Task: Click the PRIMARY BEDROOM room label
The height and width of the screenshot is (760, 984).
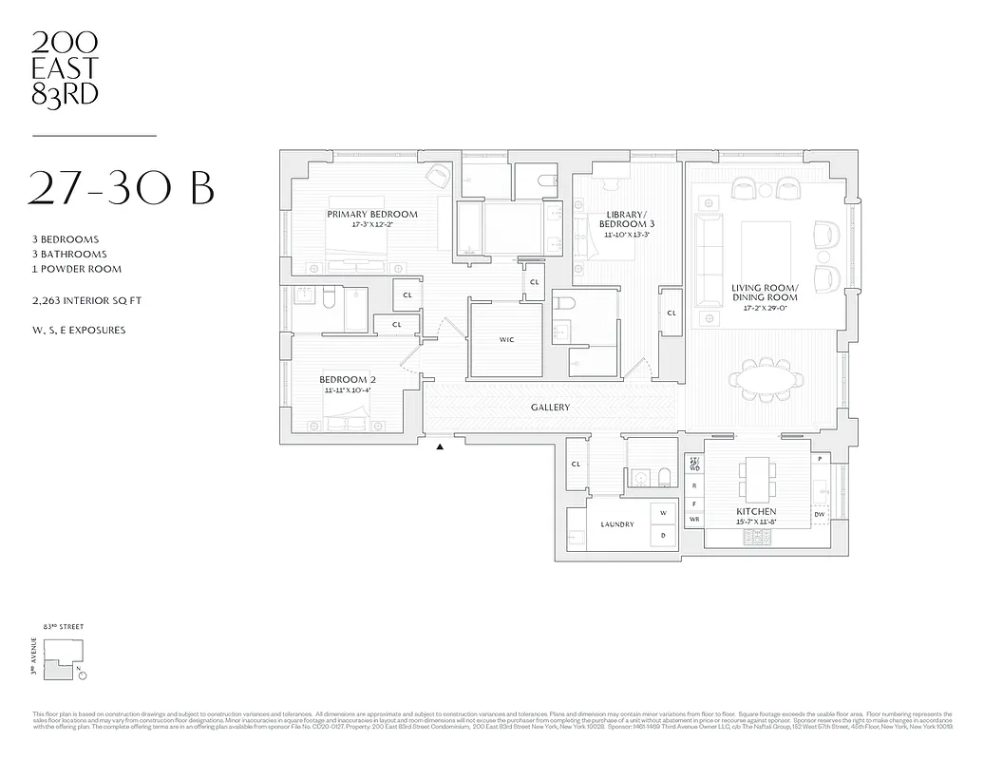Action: (372, 215)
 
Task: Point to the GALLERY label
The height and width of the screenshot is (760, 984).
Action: (550, 408)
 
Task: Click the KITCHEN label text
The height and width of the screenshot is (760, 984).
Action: (756, 512)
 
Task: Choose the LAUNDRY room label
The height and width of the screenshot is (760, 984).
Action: (616, 524)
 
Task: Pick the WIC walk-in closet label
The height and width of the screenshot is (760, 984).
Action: (506, 339)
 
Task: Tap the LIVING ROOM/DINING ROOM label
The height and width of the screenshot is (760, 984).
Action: (765, 292)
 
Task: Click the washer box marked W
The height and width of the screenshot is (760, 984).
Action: (663, 514)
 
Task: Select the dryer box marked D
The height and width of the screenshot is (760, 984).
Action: (663, 536)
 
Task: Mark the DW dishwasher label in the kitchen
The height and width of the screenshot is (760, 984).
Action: (819, 515)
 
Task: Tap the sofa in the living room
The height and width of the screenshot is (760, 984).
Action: (708, 255)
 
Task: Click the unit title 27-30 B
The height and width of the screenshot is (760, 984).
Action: (122, 187)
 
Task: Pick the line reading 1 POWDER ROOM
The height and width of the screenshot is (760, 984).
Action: (76, 269)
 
